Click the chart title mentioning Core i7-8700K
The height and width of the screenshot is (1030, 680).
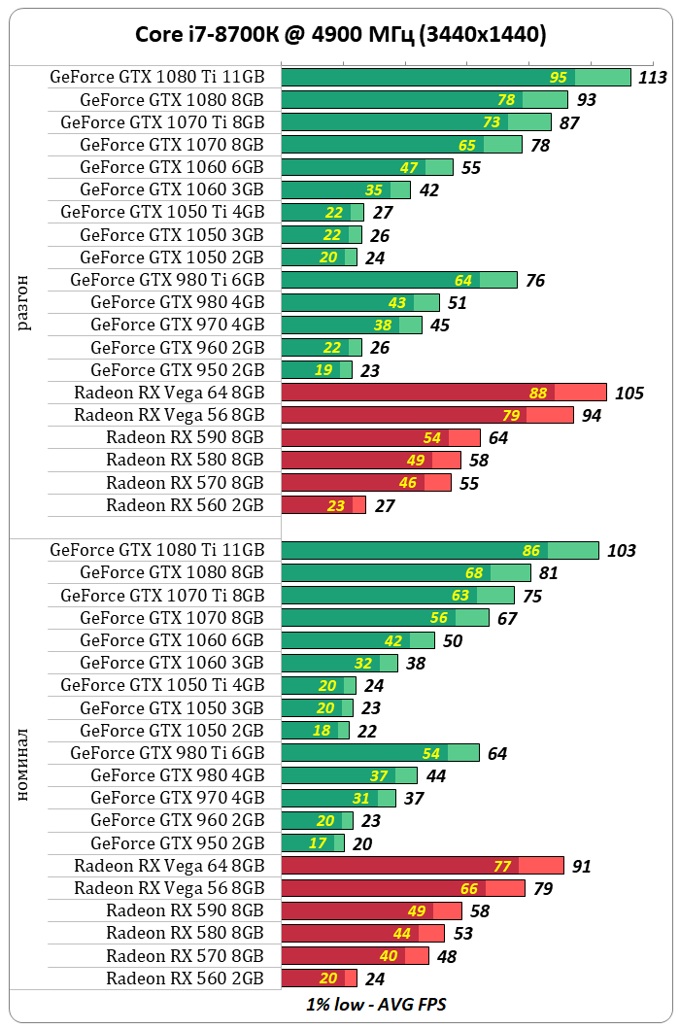(340, 35)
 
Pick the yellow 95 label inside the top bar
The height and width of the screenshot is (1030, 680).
(559, 78)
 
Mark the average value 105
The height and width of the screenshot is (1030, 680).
(629, 393)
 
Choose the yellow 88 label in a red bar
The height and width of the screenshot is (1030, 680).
(538, 393)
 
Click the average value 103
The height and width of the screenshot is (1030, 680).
(621, 551)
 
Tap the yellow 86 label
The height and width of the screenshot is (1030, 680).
(531, 551)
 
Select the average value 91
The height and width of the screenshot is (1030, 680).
(582, 866)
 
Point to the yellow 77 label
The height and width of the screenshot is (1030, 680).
(502, 866)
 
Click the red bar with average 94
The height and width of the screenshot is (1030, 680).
(427, 415)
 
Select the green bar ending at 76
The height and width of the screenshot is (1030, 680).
(399, 280)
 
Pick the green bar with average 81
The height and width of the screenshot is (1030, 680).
(406, 573)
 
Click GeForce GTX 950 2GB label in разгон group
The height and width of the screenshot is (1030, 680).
(177, 370)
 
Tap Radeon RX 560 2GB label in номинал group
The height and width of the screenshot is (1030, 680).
(185, 978)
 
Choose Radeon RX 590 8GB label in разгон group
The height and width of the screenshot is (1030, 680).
(185, 437)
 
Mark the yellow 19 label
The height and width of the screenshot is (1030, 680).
(323, 370)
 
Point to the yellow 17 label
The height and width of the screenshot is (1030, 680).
(318, 843)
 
